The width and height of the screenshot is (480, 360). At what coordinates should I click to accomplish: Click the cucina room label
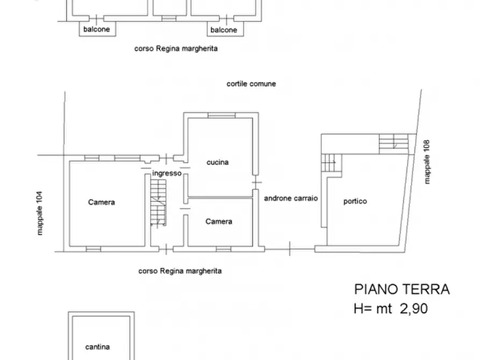click(218, 162)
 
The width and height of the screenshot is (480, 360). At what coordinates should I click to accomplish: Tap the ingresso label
click(167, 173)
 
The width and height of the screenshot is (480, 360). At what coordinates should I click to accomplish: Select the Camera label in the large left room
click(102, 202)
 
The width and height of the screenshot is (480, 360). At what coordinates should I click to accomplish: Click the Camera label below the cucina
click(219, 221)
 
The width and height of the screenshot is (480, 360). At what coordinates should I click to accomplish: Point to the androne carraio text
click(291, 198)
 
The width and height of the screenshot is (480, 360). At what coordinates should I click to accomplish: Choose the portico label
click(355, 201)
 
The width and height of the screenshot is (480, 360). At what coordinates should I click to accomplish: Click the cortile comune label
click(251, 84)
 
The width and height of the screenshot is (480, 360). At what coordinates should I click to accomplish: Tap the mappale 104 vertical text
click(39, 213)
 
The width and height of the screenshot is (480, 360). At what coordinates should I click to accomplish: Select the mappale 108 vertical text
click(427, 162)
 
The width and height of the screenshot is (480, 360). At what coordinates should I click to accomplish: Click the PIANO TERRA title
click(402, 289)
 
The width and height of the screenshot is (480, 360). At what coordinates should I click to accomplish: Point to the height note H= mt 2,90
click(390, 308)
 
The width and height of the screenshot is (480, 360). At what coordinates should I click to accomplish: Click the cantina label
click(97, 347)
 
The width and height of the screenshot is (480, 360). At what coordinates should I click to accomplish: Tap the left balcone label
click(97, 30)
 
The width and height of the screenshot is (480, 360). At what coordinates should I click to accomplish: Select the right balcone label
click(224, 30)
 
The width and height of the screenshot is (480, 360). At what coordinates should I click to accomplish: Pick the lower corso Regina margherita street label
click(180, 271)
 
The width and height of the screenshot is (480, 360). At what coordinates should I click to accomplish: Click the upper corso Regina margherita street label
click(176, 48)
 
